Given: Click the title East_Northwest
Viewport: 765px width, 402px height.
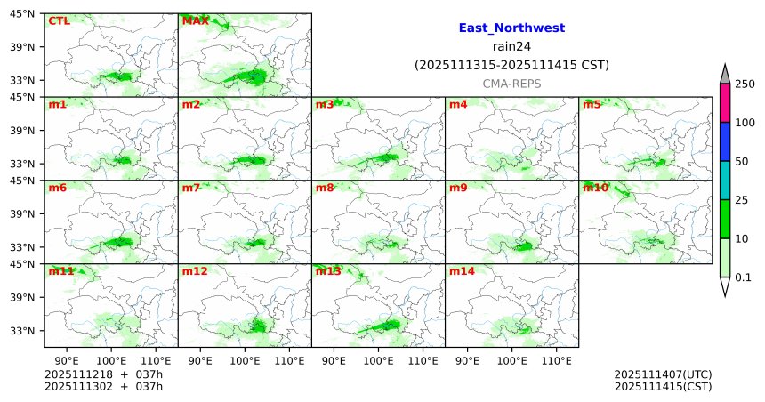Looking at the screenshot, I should (x=511, y=28).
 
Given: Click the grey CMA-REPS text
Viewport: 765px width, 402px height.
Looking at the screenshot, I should (x=511, y=83).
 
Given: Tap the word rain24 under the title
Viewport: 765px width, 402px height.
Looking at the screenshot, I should (x=511, y=47).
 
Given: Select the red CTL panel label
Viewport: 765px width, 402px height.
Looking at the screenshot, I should (x=59, y=20).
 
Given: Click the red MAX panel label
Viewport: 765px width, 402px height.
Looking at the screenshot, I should (x=195, y=20).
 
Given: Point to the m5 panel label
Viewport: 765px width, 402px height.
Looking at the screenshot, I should (x=592, y=104).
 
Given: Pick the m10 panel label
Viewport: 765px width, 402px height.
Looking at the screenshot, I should (x=595, y=188).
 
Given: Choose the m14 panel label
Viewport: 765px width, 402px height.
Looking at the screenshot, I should (x=462, y=271).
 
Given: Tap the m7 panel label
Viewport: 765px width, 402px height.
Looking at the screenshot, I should (x=191, y=188).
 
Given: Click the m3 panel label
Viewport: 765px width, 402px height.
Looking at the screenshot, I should (x=325, y=104).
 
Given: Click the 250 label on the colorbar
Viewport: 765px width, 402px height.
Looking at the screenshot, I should (x=745, y=84).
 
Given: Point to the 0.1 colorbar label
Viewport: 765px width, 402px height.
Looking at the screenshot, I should (x=743, y=277).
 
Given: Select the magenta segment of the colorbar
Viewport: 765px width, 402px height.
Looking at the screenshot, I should (x=725, y=103).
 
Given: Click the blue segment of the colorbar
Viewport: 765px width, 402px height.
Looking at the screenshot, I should (x=725, y=141).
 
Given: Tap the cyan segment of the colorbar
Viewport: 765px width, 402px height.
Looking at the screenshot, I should (x=725, y=181).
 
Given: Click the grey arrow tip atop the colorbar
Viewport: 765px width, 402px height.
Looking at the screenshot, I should (x=725, y=74).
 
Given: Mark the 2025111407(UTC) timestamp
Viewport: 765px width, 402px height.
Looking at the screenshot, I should (x=663, y=374).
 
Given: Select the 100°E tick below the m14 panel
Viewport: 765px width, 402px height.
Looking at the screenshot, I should (x=511, y=360).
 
